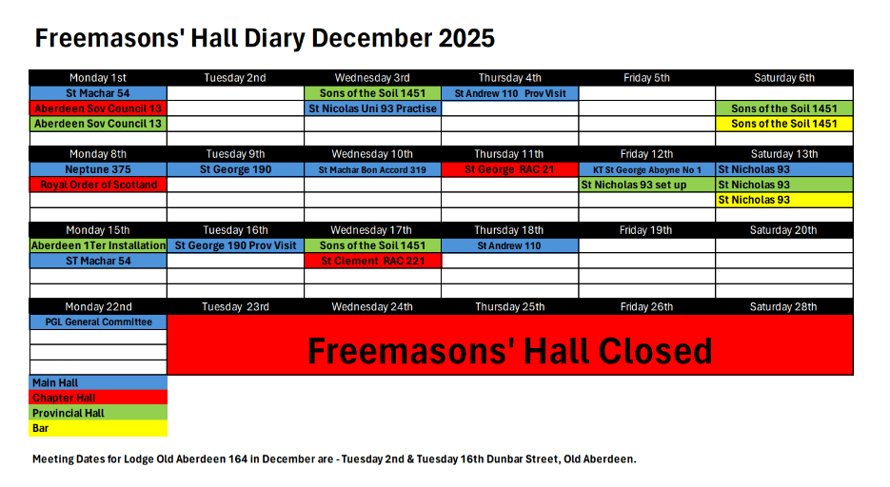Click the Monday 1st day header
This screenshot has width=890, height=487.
click(x=98, y=78)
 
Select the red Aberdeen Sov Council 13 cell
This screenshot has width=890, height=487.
click(x=98, y=108)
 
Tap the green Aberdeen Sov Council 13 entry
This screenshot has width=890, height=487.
click(x=98, y=124)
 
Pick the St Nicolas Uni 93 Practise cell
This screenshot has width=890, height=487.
click(x=372, y=108)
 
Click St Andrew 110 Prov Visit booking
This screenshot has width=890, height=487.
click(x=509, y=93)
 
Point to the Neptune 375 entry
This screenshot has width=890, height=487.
click(x=98, y=169)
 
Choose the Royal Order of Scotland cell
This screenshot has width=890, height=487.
click(x=98, y=185)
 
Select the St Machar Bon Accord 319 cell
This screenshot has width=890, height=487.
click(x=372, y=169)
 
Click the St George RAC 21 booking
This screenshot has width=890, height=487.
click(x=509, y=169)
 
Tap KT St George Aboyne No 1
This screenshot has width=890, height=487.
click(x=647, y=169)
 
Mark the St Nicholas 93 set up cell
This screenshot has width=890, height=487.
click(x=647, y=185)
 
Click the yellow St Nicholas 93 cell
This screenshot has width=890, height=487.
click(x=784, y=200)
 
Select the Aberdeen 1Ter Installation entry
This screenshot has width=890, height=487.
click(x=98, y=245)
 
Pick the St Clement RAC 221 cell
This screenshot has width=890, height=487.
click(x=372, y=261)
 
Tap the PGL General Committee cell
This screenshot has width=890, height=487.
click(x=98, y=322)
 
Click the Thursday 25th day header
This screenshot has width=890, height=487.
click(x=509, y=306)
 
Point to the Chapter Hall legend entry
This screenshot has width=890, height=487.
click(x=98, y=398)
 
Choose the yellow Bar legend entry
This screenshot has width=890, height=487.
click(x=98, y=428)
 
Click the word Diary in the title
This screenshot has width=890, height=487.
click(x=275, y=39)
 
